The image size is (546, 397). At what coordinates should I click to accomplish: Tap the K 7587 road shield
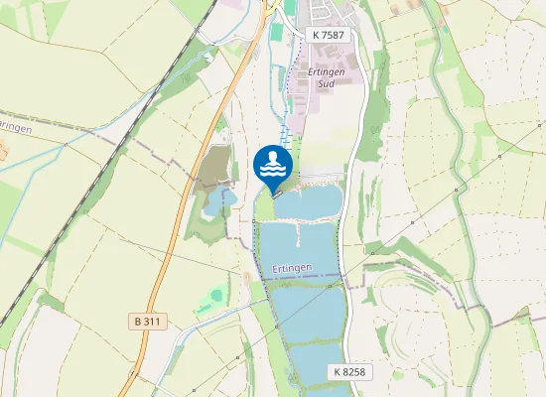click(329, 35)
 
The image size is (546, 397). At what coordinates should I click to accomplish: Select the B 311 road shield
click(147, 322)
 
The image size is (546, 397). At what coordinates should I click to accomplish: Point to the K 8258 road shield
click(349, 371)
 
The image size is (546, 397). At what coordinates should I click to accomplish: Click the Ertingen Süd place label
click(325, 78)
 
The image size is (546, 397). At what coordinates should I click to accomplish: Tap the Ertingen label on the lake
click(290, 268)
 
